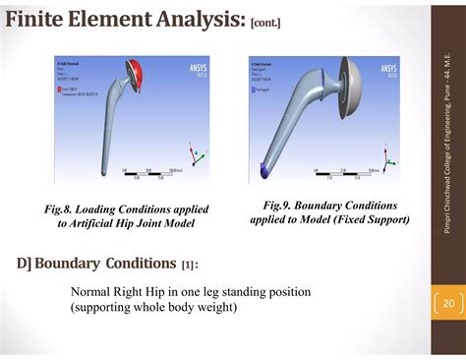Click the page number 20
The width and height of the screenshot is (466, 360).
click(x=447, y=303)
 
